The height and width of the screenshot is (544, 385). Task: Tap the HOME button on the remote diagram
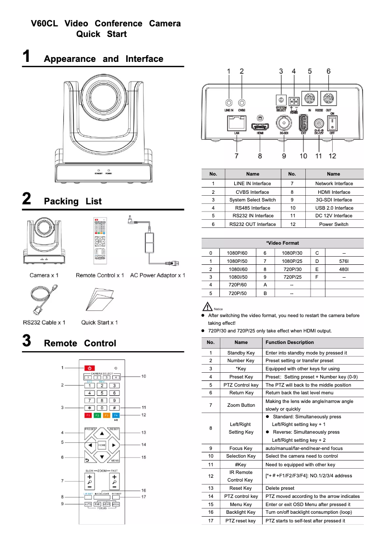(102, 445)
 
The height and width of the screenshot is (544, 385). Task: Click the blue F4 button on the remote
(116, 415)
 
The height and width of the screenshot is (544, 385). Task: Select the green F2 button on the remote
(97, 415)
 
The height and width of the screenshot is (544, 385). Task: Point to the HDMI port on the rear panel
(260, 127)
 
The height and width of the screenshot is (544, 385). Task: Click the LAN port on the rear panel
(237, 123)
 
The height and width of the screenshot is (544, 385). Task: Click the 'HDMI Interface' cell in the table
(334, 192)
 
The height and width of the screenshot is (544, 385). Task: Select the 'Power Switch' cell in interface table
(334, 224)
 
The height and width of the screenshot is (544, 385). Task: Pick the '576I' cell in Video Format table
(344, 261)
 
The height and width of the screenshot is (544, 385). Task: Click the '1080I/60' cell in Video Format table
(238, 269)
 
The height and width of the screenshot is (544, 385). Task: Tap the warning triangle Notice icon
(207, 306)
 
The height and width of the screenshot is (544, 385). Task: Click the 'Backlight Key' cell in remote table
(241, 512)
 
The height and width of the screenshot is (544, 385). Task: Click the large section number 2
(27, 200)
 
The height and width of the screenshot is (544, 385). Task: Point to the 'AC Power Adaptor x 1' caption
(157, 275)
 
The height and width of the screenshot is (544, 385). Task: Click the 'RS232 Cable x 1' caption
(44, 322)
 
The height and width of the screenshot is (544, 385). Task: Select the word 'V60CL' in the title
(45, 24)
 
